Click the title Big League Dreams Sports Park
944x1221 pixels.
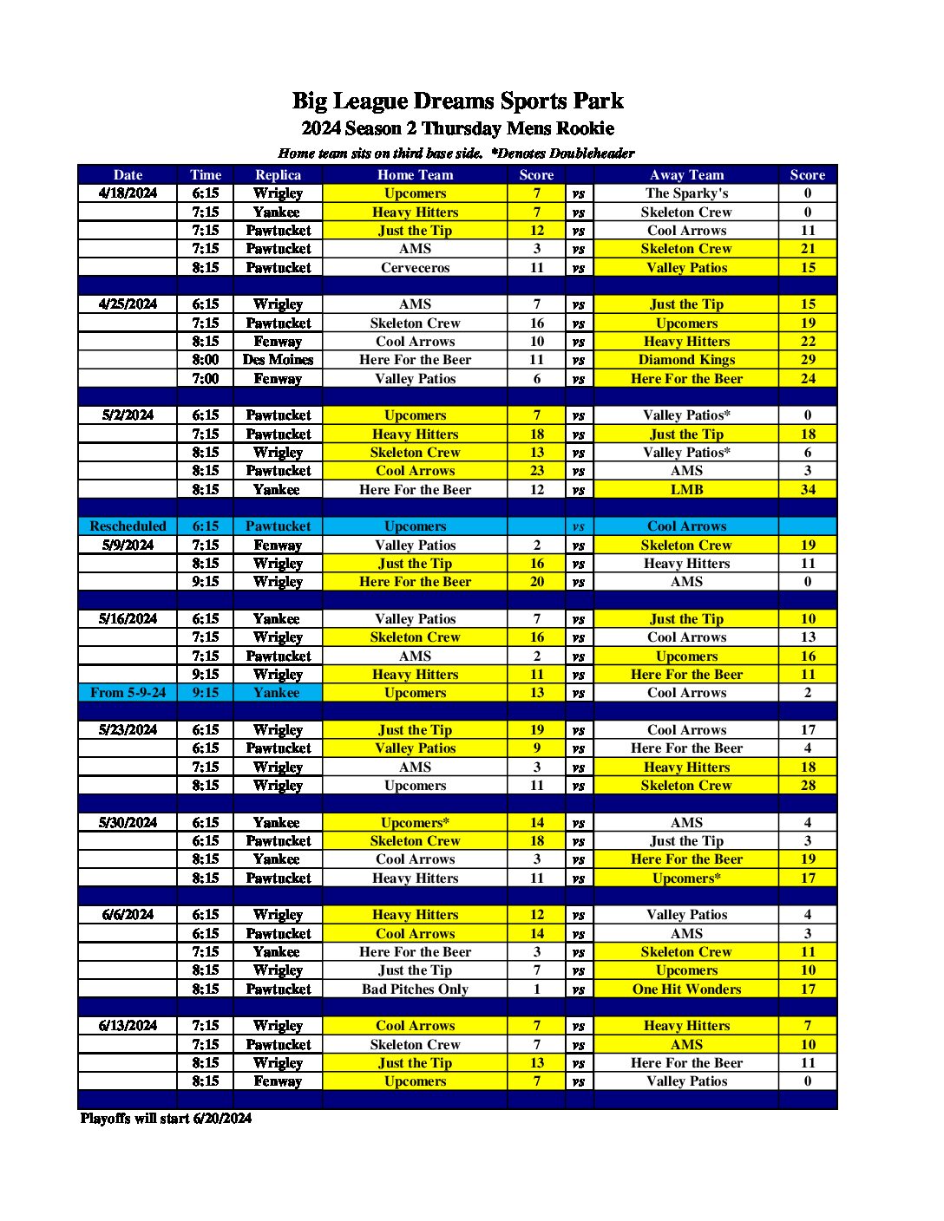[457, 101]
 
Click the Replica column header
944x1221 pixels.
[278, 174]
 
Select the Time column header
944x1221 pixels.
[206, 174]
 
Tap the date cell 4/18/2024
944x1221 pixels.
[128, 193]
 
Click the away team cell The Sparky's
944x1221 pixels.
[686, 193]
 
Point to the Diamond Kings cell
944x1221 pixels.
[686, 360]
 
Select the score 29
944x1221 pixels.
[808, 360]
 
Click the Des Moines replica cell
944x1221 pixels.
[278, 360]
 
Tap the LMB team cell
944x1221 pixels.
[686, 490]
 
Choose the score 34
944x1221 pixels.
[808, 490]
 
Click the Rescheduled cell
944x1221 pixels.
[128, 526]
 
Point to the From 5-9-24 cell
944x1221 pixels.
[128, 693]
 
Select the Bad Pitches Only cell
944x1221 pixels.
[415, 989]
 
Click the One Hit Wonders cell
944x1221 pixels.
[686, 989]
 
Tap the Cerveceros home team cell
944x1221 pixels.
[415, 268]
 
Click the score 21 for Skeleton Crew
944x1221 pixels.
[808, 249]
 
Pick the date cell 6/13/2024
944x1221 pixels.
[128, 1026]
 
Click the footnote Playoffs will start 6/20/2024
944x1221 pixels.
[166, 1119]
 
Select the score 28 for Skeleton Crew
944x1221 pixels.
[808, 786]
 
